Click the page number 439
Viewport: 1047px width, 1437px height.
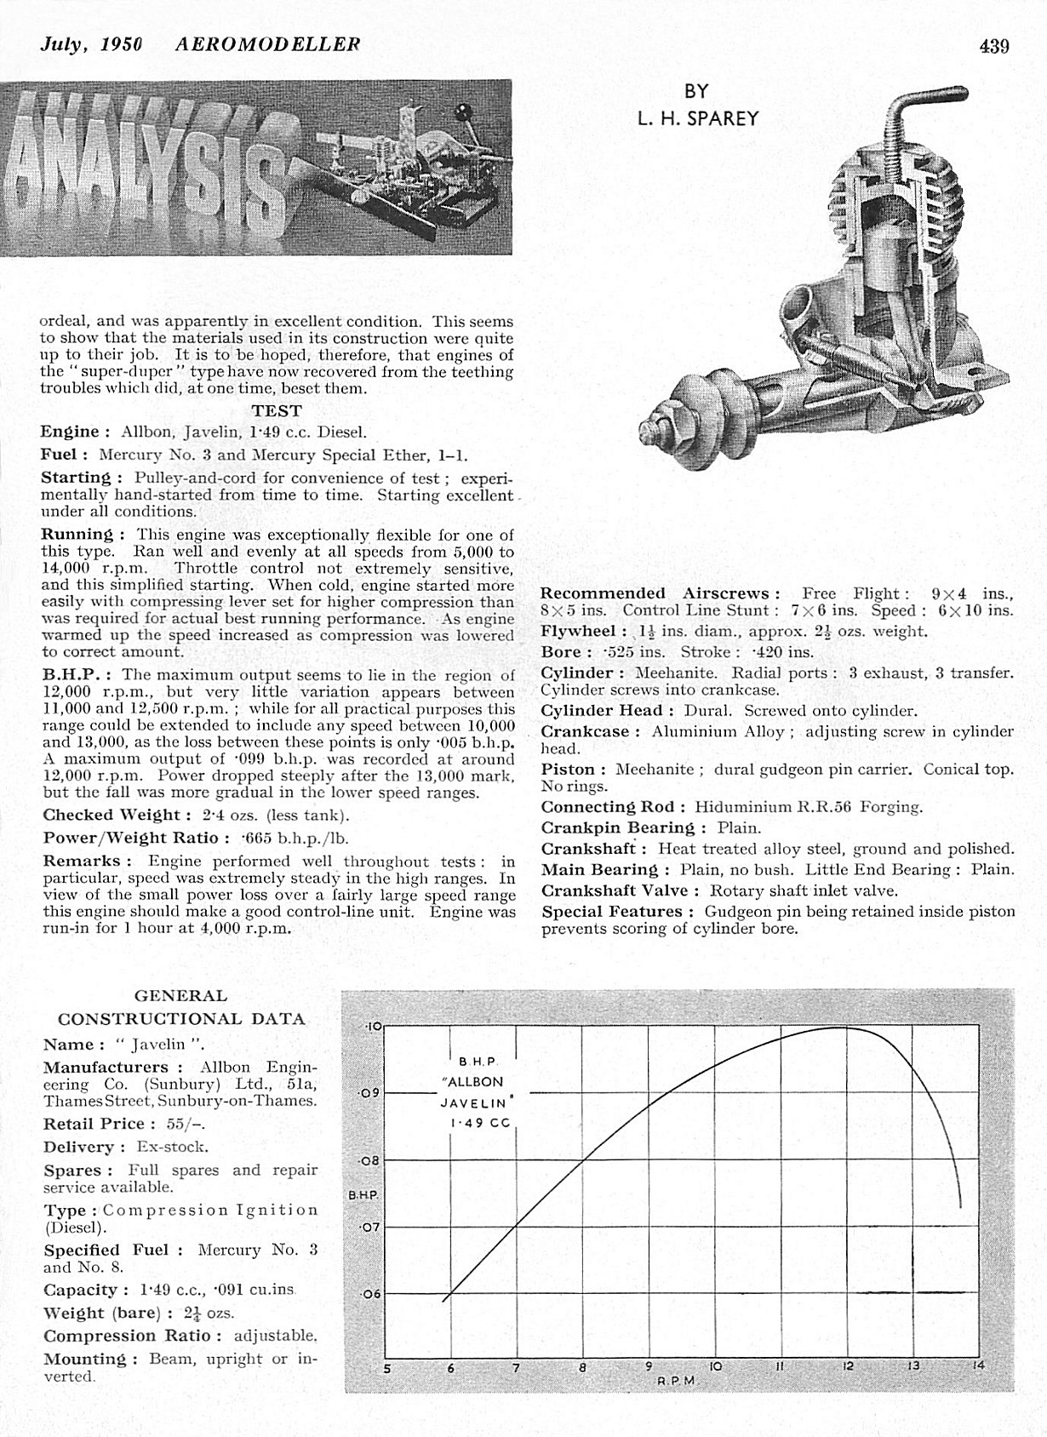click(x=993, y=46)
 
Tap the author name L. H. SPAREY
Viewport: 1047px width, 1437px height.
click(x=696, y=118)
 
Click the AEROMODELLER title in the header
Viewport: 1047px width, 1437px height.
click(x=267, y=44)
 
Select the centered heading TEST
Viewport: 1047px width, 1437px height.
click(x=277, y=410)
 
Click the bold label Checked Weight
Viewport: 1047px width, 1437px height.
click(x=112, y=815)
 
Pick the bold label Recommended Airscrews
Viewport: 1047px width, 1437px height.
click(x=661, y=593)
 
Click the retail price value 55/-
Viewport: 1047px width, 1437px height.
click(x=186, y=1124)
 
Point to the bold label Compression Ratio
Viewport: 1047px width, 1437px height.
click(x=133, y=1336)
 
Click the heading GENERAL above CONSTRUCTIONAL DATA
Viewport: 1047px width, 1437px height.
click(x=180, y=995)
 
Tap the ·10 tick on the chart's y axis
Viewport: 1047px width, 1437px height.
click(x=372, y=1026)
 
